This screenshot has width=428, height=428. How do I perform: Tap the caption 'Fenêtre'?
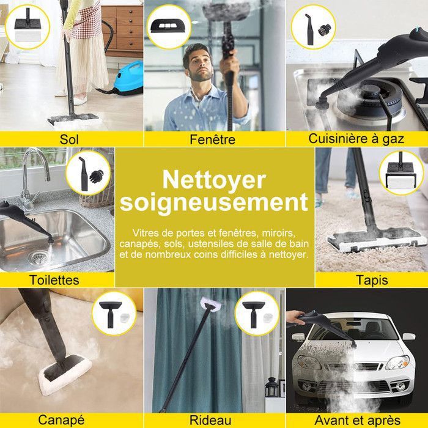coord(213,139)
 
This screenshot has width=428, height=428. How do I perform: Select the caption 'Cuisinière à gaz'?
coord(356,139)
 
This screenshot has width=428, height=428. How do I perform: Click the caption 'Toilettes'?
coord(54,280)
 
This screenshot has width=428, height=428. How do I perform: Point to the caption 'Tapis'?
coord(372,280)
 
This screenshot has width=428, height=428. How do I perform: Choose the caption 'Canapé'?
coord(61,420)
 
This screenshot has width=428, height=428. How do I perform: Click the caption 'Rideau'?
coord(211,420)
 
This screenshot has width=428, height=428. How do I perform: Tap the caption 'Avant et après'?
coord(356,420)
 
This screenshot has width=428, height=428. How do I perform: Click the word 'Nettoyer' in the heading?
coord(214,180)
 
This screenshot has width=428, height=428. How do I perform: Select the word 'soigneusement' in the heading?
coord(214,203)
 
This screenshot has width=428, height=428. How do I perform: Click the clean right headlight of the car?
coord(396,362)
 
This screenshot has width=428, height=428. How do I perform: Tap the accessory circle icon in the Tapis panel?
coord(400,172)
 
